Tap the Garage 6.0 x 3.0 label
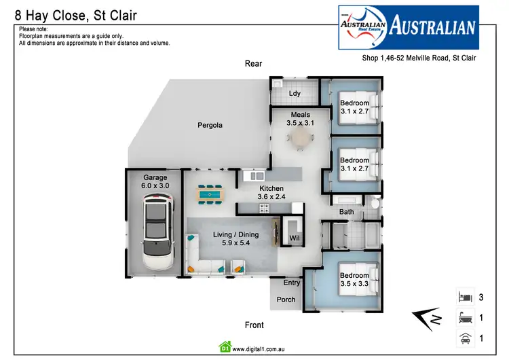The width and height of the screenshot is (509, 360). [155, 181]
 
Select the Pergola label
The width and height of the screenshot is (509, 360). [210, 125]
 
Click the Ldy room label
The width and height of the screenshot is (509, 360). [295, 93]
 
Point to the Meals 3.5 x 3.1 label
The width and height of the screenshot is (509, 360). [300, 119]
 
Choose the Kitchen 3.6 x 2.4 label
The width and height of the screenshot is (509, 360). [271, 192]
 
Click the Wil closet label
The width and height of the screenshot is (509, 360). [295, 238]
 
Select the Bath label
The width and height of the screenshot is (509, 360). [347, 212]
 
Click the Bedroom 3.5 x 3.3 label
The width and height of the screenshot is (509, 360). [354, 280]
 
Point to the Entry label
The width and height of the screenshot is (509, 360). [292, 283]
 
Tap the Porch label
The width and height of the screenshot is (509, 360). [286, 300]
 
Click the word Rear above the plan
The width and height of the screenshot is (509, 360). [253, 64]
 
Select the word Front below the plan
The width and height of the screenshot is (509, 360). [254, 325]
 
